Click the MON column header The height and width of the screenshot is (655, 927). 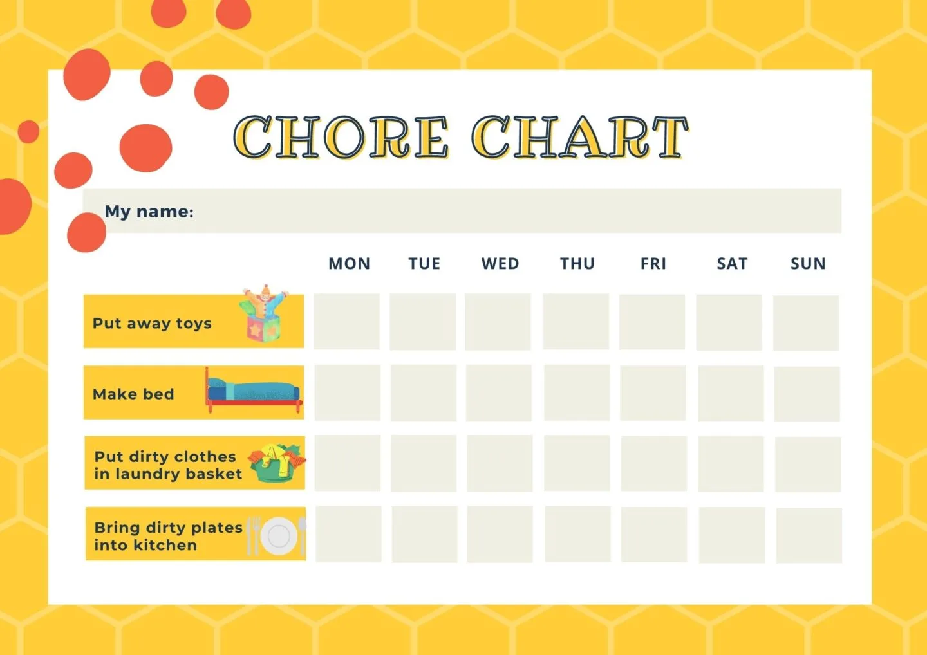click(x=350, y=263)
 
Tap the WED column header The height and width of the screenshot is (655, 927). click(x=500, y=263)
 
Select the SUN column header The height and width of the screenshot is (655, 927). click(x=808, y=263)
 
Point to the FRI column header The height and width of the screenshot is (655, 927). click(x=653, y=263)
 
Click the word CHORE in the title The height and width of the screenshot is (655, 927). click(x=341, y=137)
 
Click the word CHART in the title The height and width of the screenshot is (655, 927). click(x=580, y=137)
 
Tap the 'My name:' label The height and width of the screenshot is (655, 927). click(x=149, y=212)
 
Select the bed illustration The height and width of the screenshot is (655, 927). click(x=254, y=391)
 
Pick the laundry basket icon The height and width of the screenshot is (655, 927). click(x=277, y=463)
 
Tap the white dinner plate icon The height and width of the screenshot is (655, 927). click(x=279, y=536)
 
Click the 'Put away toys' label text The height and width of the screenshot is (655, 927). click(x=152, y=324)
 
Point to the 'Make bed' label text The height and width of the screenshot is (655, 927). click(x=133, y=394)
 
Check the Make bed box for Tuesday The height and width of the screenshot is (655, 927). click(x=424, y=393)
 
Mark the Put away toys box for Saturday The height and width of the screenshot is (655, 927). click(x=729, y=322)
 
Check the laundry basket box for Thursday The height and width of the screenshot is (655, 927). click(x=577, y=463)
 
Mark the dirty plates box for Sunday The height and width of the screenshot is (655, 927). click(x=809, y=535)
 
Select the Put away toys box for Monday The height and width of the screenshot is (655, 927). click(x=346, y=321)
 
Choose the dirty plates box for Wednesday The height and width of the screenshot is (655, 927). click(x=500, y=535)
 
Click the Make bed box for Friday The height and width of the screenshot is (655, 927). click(x=653, y=393)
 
